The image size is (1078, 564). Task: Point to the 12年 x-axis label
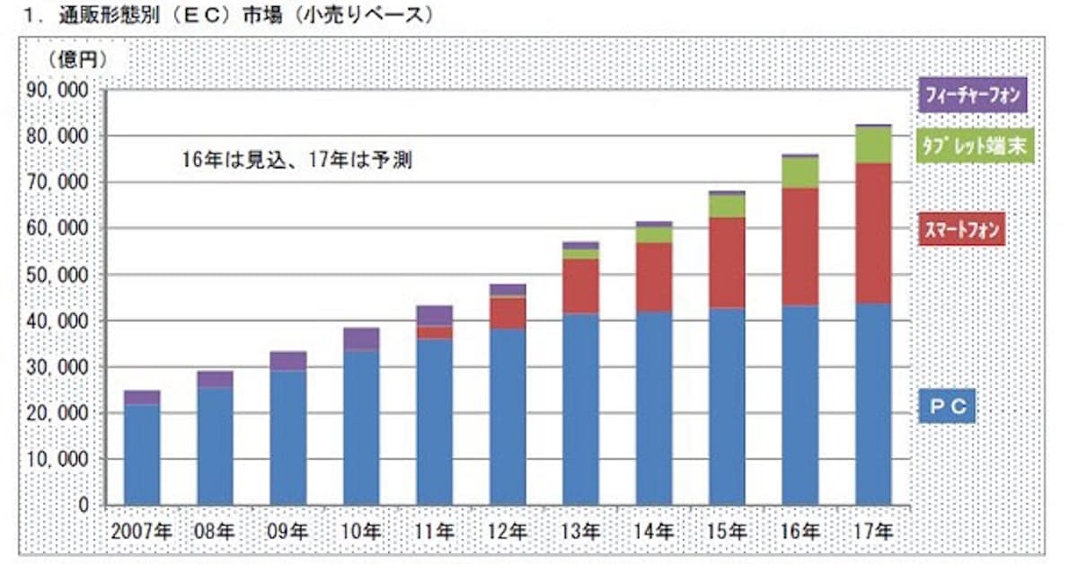tap(508, 531)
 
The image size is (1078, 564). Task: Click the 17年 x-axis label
tap(873, 531)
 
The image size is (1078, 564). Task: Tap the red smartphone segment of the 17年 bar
tap(873, 234)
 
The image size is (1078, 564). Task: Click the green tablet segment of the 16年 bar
tap(800, 172)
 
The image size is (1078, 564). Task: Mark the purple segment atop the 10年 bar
tap(362, 339)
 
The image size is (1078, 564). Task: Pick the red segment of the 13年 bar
tap(581, 286)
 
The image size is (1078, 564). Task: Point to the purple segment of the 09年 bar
tap(289, 361)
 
